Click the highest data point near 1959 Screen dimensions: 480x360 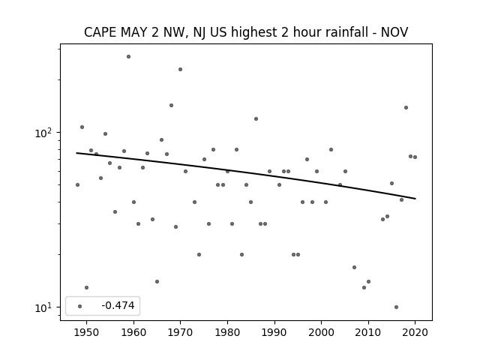pyautogui.click(x=128, y=57)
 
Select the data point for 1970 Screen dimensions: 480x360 pyautogui.click(x=180, y=70)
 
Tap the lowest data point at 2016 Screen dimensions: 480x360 pyautogui.click(x=397, y=307)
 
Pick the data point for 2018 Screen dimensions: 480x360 pyautogui.click(x=406, y=107)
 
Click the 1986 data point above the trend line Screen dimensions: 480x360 pyautogui.click(x=256, y=118)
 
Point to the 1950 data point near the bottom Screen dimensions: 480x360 pyautogui.click(x=87, y=287)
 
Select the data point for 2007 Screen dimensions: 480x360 pyautogui.click(x=354, y=267)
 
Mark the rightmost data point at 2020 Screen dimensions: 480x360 pyautogui.click(x=415, y=157)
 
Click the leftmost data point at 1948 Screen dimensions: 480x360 pyautogui.click(x=77, y=185)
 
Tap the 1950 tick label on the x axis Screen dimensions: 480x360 pyautogui.click(x=87, y=332)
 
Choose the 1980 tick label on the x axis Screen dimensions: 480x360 pyautogui.click(x=227, y=332)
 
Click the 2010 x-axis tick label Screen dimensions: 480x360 pyautogui.click(x=368, y=332)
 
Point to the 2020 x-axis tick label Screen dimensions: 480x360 pyautogui.click(x=415, y=332)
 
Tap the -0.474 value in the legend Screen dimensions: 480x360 pyautogui.click(x=118, y=305)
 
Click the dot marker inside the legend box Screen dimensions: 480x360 pyautogui.click(x=80, y=306)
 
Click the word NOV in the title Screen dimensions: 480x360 pyautogui.click(x=394, y=32)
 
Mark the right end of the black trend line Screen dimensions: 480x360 pyautogui.click(x=415, y=199)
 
